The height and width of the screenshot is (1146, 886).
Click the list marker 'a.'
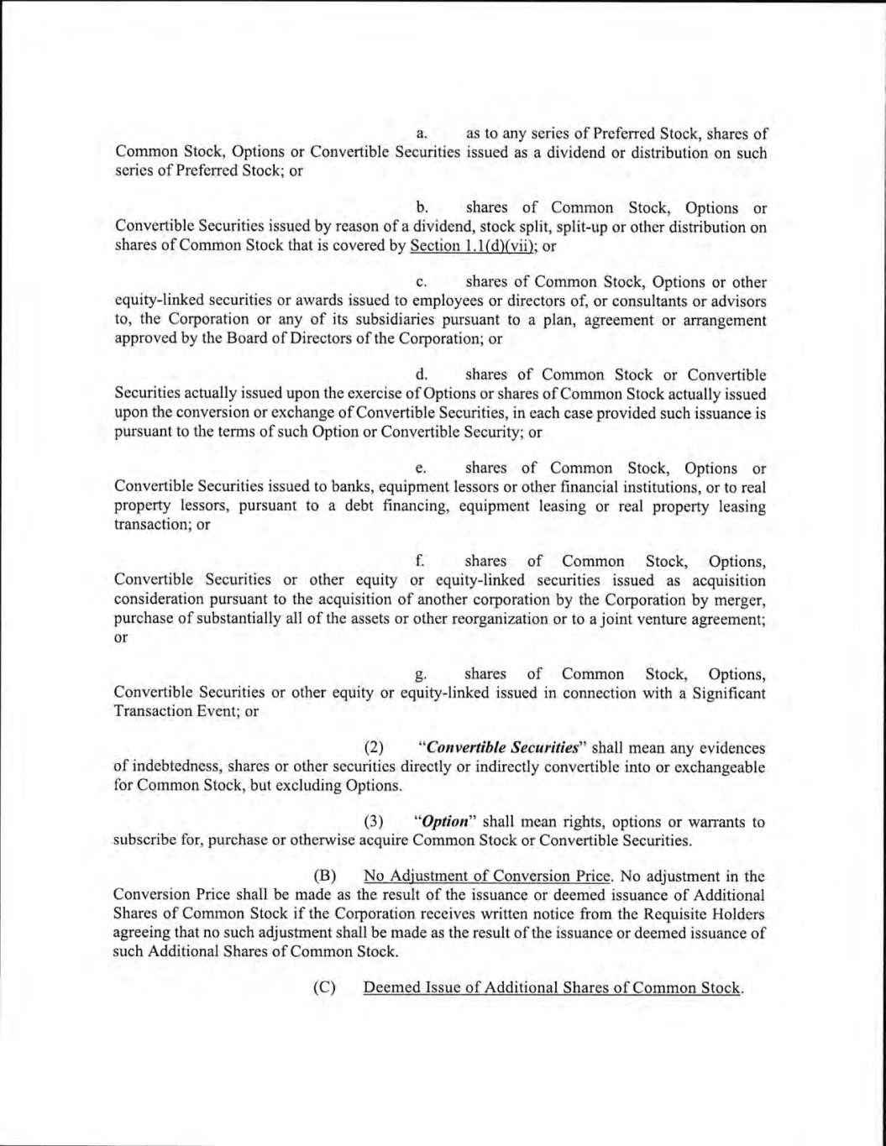tap(423, 133)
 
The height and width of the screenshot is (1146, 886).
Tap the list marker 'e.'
tap(423, 468)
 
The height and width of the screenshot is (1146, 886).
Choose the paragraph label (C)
tap(324, 987)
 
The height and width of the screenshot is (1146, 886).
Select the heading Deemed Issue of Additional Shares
tap(552, 987)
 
